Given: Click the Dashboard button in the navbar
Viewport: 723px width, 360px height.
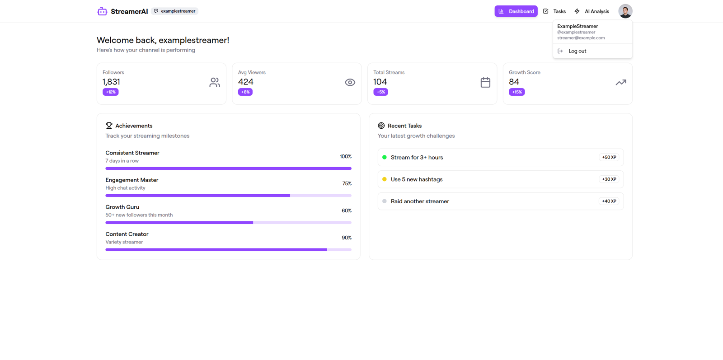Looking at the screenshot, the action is [516, 11].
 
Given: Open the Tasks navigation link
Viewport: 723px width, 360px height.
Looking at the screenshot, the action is [554, 11].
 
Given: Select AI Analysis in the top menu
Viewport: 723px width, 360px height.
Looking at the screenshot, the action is [592, 11].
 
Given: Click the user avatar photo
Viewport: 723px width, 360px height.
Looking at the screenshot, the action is [625, 11].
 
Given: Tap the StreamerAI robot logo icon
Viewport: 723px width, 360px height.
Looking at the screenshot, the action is [102, 11].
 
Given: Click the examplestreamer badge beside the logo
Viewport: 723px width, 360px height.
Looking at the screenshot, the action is [174, 11].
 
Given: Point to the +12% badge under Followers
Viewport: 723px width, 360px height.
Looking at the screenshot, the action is [110, 92].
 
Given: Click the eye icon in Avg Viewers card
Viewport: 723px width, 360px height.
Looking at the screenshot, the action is [350, 83].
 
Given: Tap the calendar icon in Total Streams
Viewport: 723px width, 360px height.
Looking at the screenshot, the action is [485, 82].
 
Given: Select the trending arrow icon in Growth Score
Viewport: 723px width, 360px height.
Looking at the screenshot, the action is [621, 83].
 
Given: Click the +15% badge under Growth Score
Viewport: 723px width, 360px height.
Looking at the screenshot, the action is [517, 92].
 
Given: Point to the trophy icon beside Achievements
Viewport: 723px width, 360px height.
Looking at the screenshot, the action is [109, 126].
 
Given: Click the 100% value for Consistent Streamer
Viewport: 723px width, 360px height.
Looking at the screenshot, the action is [346, 156].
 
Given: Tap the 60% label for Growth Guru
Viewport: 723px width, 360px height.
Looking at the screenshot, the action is [346, 210].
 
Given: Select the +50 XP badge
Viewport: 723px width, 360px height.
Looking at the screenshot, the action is [609, 157].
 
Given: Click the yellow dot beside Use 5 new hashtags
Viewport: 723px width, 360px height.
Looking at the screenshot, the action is [385, 179].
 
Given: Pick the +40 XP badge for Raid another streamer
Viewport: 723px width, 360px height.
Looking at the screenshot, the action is [609, 201].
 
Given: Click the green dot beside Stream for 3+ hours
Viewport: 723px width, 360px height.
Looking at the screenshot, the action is [385, 157].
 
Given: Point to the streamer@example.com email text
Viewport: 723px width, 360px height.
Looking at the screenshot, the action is [581, 38].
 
